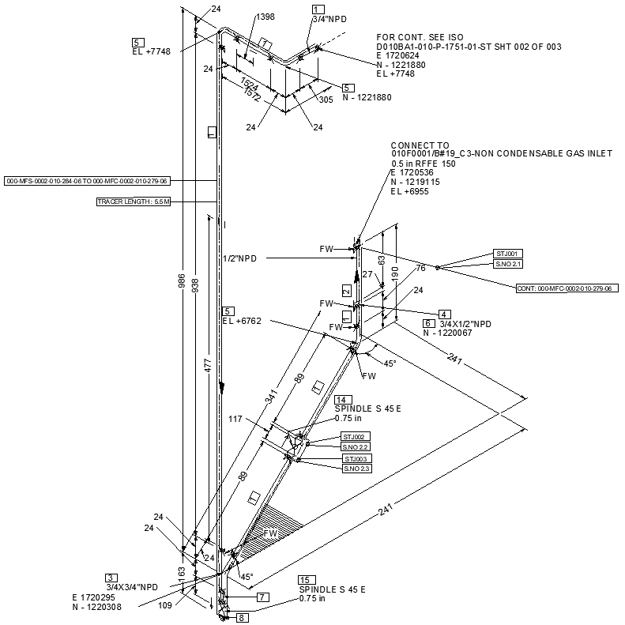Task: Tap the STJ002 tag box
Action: click(x=355, y=436)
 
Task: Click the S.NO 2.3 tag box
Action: click(x=356, y=469)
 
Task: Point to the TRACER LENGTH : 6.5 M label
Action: click(x=134, y=202)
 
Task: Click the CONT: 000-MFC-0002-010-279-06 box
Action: click(x=567, y=288)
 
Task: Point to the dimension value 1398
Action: click(x=265, y=17)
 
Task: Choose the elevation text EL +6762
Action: click(x=242, y=322)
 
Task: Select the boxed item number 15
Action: click(x=305, y=581)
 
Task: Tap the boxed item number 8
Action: click(x=243, y=618)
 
